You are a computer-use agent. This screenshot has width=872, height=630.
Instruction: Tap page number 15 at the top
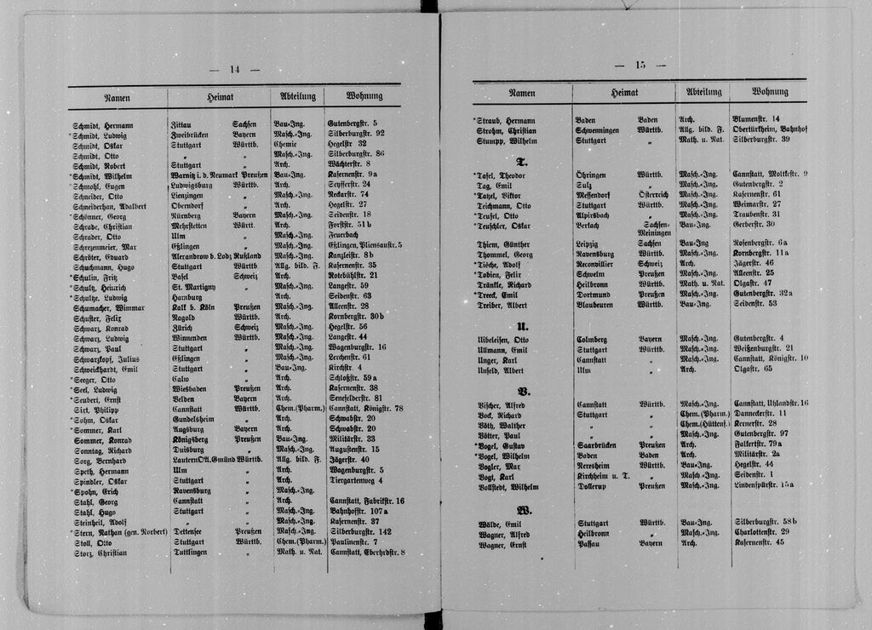pyautogui.click(x=640, y=66)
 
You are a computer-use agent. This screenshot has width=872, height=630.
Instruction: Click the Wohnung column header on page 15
pyautogui.click(x=769, y=92)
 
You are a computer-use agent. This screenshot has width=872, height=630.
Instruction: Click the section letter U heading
pyautogui.click(x=522, y=326)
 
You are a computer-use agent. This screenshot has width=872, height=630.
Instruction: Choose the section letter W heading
pyautogui.click(x=524, y=511)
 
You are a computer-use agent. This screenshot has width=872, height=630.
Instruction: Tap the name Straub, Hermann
pyautogui.click(x=510, y=119)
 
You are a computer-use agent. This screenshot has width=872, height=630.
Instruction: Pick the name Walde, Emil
pyautogui.click(x=500, y=523)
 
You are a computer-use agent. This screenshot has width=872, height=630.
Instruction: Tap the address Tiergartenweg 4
pyautogui.click(x=355, y=480)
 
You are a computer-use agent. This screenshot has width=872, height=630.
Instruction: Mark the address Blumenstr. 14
pyautogui.click(x=756, y=118)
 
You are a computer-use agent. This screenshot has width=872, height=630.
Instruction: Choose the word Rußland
pyautogui.click(x=246, y=255)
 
